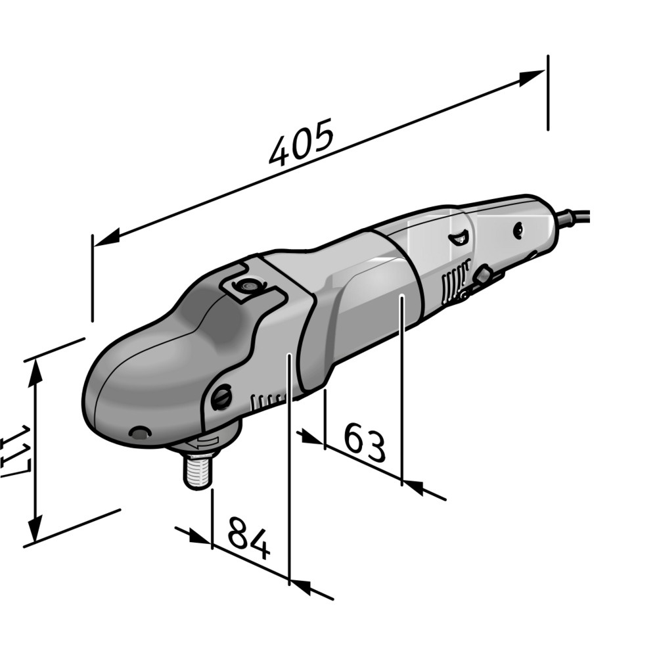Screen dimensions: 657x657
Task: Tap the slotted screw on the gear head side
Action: point(221,396)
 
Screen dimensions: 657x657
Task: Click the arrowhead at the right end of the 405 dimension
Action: point(532,78)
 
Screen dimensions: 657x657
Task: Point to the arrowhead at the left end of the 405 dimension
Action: point(107,238)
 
